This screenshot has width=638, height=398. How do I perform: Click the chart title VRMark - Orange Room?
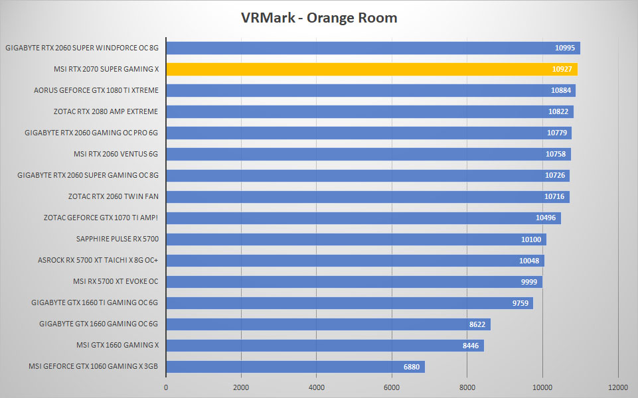(319, 18)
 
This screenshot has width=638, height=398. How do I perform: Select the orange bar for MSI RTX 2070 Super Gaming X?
(372, 69)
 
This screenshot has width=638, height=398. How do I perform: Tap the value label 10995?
(565, 48)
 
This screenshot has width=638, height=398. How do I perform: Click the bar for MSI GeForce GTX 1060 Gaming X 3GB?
(295, 367)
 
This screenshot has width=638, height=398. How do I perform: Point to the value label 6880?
(412, 367)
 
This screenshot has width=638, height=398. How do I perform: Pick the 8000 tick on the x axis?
(467, 387)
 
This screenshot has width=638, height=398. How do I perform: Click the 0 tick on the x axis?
(166, 387)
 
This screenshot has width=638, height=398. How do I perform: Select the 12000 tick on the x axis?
(618, 387)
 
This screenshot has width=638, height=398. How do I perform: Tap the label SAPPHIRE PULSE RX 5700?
(118, 239)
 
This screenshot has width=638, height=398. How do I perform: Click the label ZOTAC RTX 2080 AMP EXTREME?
(106, 111)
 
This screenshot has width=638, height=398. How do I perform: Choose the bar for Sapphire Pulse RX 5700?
(356, 239)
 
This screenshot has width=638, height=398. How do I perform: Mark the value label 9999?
(529, 282)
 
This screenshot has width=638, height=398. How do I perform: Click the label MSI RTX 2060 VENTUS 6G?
(116, 154)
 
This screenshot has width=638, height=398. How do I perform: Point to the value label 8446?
(470, 346)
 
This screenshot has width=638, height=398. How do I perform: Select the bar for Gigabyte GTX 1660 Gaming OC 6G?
(329, 324)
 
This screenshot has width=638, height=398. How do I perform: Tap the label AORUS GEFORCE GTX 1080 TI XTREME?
(96, 90)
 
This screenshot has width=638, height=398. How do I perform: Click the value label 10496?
(546, 218)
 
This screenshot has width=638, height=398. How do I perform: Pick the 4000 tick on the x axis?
(317, 387)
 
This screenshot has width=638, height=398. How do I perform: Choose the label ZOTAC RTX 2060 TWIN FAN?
(113, 196)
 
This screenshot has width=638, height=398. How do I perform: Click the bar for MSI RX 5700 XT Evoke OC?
(355, 282)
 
